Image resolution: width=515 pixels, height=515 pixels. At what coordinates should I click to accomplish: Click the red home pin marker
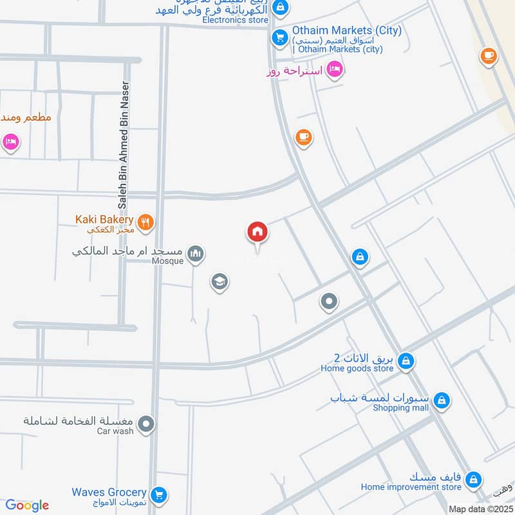tap(257, 232)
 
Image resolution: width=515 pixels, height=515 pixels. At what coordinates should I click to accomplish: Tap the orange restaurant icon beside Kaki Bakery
tap(147, 222)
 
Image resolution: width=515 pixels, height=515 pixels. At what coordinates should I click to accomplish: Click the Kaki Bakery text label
tap(104, 220)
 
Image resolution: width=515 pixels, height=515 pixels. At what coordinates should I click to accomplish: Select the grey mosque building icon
tap(197, 255)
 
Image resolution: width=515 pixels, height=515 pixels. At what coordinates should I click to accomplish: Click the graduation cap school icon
tap(220, 281)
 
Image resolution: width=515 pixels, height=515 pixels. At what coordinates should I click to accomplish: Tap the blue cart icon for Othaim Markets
tap(279, 37)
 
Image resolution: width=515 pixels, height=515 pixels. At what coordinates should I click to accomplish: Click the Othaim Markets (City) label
tap(346, 30)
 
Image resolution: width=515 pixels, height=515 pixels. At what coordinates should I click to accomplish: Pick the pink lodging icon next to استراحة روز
tap(334, 69)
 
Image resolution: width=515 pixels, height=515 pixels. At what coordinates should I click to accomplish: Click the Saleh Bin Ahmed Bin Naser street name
tap(124, 145)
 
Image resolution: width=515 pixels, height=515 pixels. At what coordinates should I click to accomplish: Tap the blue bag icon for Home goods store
tap(406, 361)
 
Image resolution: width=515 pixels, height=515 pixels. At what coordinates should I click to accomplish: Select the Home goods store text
tap(357, 369)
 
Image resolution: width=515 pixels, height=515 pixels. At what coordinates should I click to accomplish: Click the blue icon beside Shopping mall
tap(441, 401)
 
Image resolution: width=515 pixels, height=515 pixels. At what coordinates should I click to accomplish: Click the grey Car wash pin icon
tap(147, 424)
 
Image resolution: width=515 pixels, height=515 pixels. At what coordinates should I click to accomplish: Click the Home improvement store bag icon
tap(473, 480)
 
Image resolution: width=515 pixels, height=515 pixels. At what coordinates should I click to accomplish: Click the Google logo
tap(26, 505)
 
